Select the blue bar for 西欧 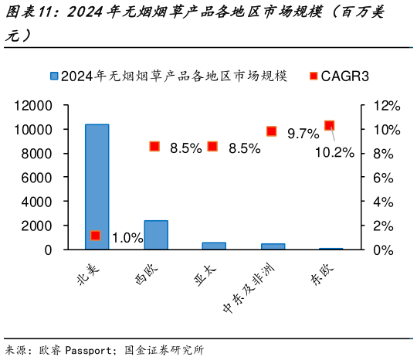[156, 234]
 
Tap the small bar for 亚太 [214, 246]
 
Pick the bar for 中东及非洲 [273, 246]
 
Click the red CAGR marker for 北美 [96, 236]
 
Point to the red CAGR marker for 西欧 [154, 146]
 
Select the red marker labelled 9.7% [271, 131]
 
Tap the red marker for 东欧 [329, 125]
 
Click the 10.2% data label [334, 152]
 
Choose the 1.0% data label [127, 238]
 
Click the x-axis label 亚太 [204, 275]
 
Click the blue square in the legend [54, 76]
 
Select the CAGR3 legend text [343, 76]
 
